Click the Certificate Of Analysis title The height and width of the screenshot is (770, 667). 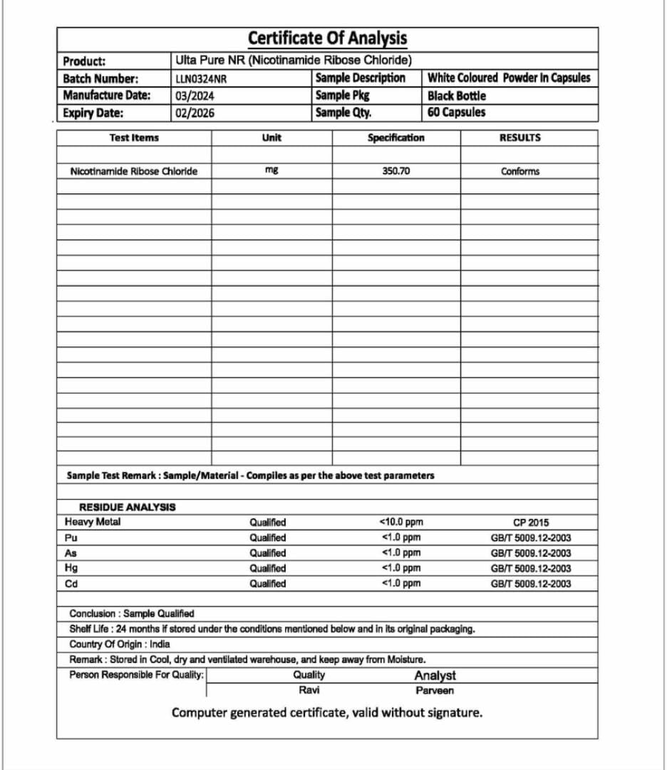click(x=327, y=38)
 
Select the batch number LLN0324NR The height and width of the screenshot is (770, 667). click(x=201, y=79)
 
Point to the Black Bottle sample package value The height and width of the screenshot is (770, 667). click(x=457, y=96)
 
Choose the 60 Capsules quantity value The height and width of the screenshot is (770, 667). click(x=457, y=113)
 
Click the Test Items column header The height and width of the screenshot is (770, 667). click(x=134, y=138)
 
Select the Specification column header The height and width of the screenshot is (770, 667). click(x=395, y=138)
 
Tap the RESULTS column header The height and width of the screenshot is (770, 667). click(x=519, y=138)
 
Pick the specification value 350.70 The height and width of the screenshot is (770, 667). click(x=396, y=171)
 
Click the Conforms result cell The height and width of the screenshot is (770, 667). click(x=520, y=171)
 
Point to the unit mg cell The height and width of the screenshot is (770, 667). click(x=271, y=170)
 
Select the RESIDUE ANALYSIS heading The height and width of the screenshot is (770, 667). click(x=127, y=507)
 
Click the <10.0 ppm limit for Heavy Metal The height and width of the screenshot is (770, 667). click(x=401, y=522)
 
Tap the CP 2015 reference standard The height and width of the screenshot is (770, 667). click(x=531, y=522)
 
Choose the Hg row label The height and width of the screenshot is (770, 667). click(x=71, y=568)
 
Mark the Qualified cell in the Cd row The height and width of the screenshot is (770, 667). click(x=267, y=584)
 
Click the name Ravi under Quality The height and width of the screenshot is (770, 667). click(x=309, y=690)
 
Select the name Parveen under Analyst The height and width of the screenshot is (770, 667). click(x=435, y=690)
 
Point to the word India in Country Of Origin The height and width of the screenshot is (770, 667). click(x=160, y=645)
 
